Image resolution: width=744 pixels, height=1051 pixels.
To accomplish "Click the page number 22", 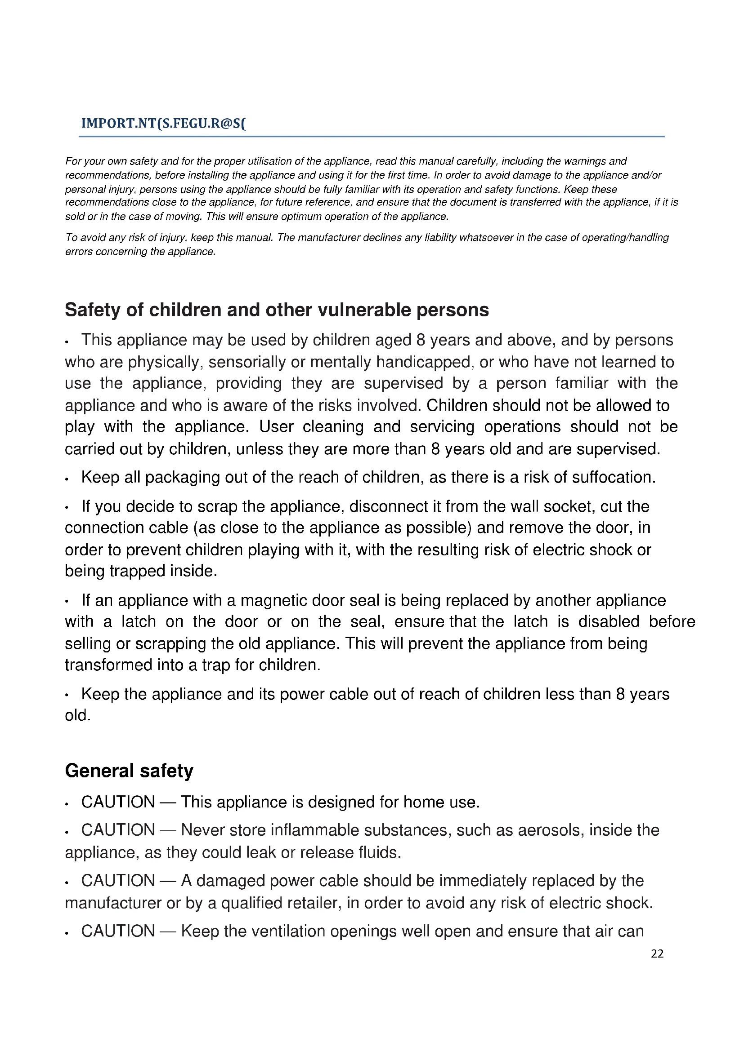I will [x=657, y=953].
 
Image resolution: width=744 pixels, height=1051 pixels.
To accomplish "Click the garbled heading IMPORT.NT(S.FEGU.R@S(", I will [x=163, y=124].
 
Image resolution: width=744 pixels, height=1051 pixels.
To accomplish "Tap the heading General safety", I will [x=129, y=771].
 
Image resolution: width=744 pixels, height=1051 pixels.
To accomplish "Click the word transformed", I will [x=108, y=665].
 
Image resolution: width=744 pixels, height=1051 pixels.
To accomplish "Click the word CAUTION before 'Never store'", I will [x=118, y=830].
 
